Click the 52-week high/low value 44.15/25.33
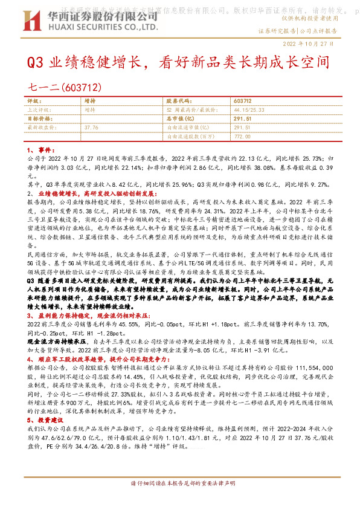click(246, 110)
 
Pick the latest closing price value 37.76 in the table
click(91, 128)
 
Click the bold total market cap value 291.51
click(242, 118)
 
